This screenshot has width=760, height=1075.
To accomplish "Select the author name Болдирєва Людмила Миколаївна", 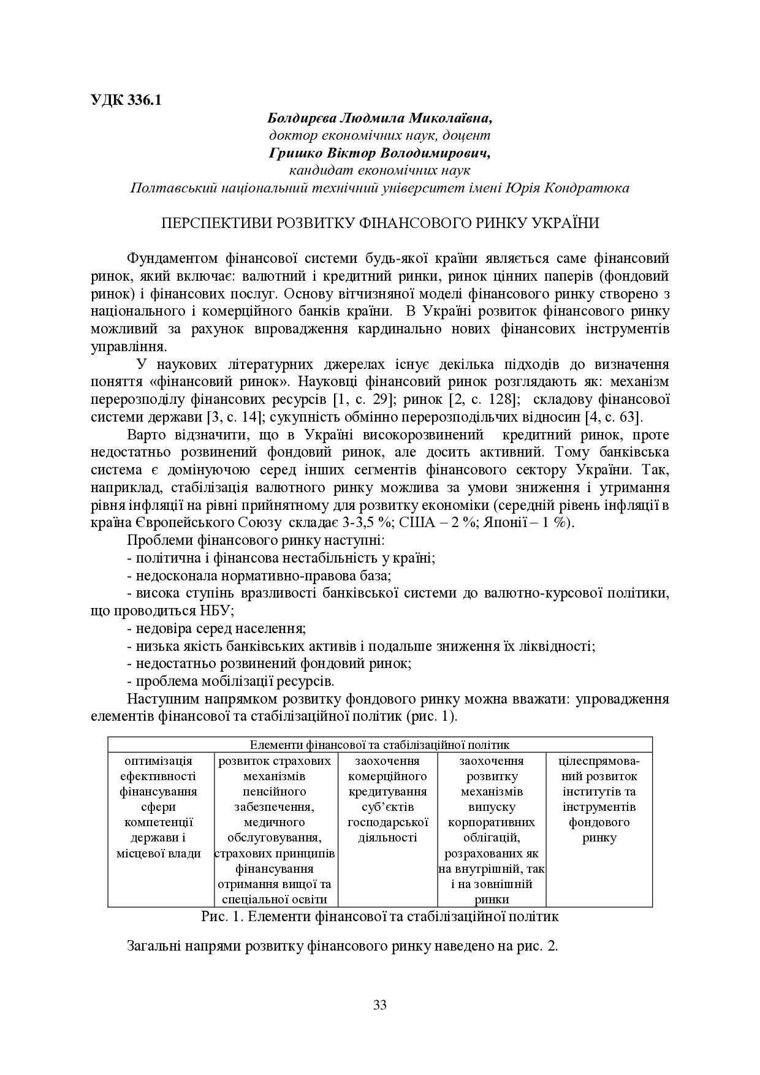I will tap(380, 118).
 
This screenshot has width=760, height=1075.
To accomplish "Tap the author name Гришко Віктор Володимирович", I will tap(380, 153).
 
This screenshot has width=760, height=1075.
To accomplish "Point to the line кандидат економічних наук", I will tap(380, 170).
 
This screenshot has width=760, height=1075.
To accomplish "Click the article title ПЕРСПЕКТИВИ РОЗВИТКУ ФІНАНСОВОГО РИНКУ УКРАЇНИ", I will tap(380, 223).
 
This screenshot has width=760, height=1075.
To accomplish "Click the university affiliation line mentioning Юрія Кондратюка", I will tap(380, 188).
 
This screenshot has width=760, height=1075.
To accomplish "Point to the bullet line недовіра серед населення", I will tap(216, 629).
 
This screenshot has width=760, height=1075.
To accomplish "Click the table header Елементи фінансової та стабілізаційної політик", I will tap(380, 745).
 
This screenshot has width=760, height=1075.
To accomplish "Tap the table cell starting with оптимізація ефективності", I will tap(159, 807).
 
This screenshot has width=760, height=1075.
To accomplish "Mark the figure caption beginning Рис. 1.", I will tap(380, 917).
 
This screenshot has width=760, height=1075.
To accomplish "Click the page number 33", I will tap(380, 1005).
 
